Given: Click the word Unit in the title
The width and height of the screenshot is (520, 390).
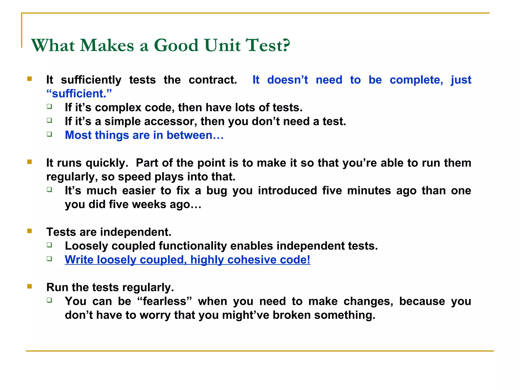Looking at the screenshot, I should click(x=222, y=46).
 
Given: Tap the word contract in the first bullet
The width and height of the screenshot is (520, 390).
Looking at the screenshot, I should click(x=213, y=80).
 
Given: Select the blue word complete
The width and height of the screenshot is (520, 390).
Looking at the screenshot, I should click(x=416, y=80).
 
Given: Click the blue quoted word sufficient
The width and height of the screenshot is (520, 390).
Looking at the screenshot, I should click(x=79, y=94).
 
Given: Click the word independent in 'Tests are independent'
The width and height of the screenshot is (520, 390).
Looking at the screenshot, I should click(x=136, y=232).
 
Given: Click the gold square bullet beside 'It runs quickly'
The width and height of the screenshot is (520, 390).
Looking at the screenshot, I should click(x=29, y=162).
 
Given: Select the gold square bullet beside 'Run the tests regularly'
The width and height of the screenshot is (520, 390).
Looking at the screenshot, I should click(x=29, y=286).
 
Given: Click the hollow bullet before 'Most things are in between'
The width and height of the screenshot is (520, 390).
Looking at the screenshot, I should click(x=50, y=134).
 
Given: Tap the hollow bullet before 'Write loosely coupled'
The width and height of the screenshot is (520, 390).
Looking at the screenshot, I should click(x=50, y=259).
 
